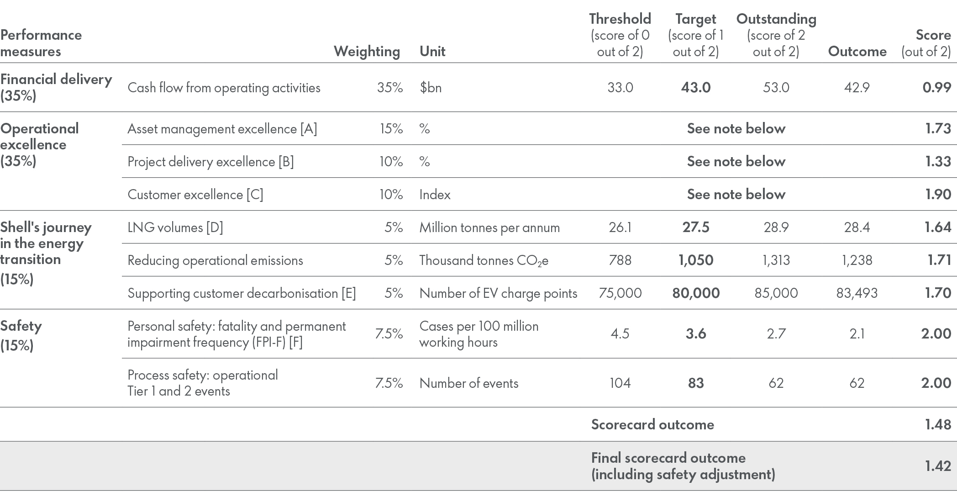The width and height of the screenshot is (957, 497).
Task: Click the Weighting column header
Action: click(x=367, y=51)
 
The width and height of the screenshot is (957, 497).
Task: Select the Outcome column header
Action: click(x=857, y=51)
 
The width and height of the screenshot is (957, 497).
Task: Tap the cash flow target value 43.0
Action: click(x=695, y=88)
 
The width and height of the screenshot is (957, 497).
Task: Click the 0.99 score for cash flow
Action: click(x=936, y=88)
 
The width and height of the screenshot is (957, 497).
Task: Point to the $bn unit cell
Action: click(x=431, y=88)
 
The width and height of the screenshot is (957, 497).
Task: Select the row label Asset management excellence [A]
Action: click(x=222, y=129)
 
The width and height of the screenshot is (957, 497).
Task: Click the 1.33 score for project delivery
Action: click(x=938, y=162)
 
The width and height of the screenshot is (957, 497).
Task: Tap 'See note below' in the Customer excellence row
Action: click(x=736, y=195)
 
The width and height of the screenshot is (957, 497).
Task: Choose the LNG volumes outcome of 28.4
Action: click(x=857, y=227)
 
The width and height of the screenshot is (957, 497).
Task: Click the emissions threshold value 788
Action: click(x=620, y=260)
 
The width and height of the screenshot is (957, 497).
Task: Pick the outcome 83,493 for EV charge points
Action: click(x=857, y=293)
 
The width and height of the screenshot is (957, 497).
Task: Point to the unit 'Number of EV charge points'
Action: click(x=498, y=293)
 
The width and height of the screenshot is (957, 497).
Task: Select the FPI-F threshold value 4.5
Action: click(x=620, y=334)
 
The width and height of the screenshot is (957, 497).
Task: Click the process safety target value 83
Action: click(x=695, y=383)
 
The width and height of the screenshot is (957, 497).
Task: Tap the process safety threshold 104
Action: click(x=620, y=383)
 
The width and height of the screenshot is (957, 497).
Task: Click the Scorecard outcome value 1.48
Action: click(x=938, y=425)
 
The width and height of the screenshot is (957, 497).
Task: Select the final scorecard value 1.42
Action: click(x=938, y=466)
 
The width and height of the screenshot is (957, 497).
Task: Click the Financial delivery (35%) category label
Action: click(x=56, y=87)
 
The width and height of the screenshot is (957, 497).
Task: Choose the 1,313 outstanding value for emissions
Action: click(x=776, y=260)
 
